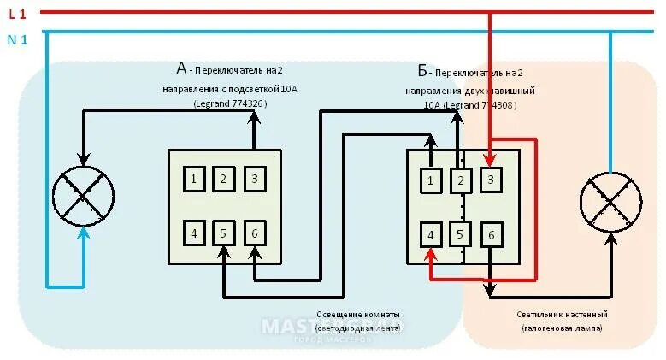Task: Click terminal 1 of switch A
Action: [x=196, y=179]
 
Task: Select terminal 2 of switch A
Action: [x=224, y=179]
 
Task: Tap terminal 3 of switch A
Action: [x=254, y=179]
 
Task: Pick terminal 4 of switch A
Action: [x=196, y=233]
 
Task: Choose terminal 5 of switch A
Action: [x=224, y=233]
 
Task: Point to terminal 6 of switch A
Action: [x=254, y=233]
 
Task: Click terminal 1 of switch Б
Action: [x=432, y=180]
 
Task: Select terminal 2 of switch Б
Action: [x=460, y=180]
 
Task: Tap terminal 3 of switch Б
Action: [x=490, y=180]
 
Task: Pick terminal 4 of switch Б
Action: [x=432, y=234]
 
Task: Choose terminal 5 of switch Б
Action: [x=460, y=234]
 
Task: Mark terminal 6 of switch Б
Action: [x=490, y=234]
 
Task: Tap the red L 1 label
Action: [x=17, y=14]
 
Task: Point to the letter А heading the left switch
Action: [x=181, y=68]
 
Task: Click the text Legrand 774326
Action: [x=229, y=104]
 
